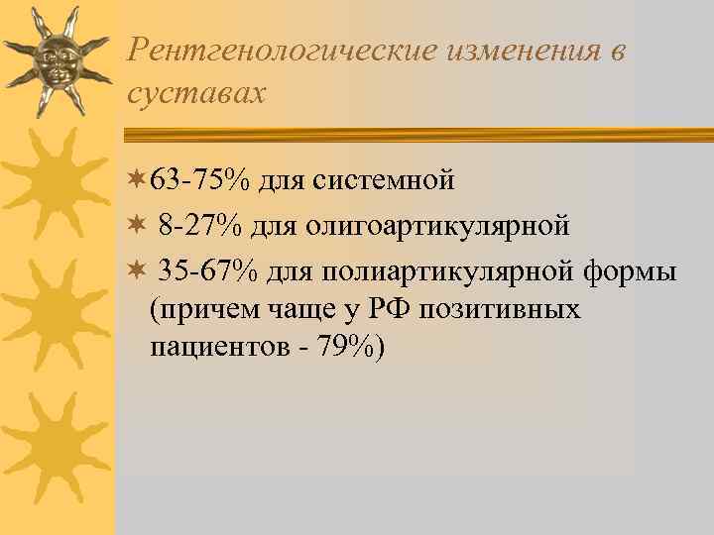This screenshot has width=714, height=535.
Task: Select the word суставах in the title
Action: click(196, 93)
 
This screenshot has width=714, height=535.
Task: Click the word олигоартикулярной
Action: click(437, 226)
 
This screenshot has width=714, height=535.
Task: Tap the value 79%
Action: click(353, 350)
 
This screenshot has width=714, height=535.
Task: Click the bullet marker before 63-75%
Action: click(136, 181)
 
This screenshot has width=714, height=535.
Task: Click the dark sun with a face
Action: click(55, 59)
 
